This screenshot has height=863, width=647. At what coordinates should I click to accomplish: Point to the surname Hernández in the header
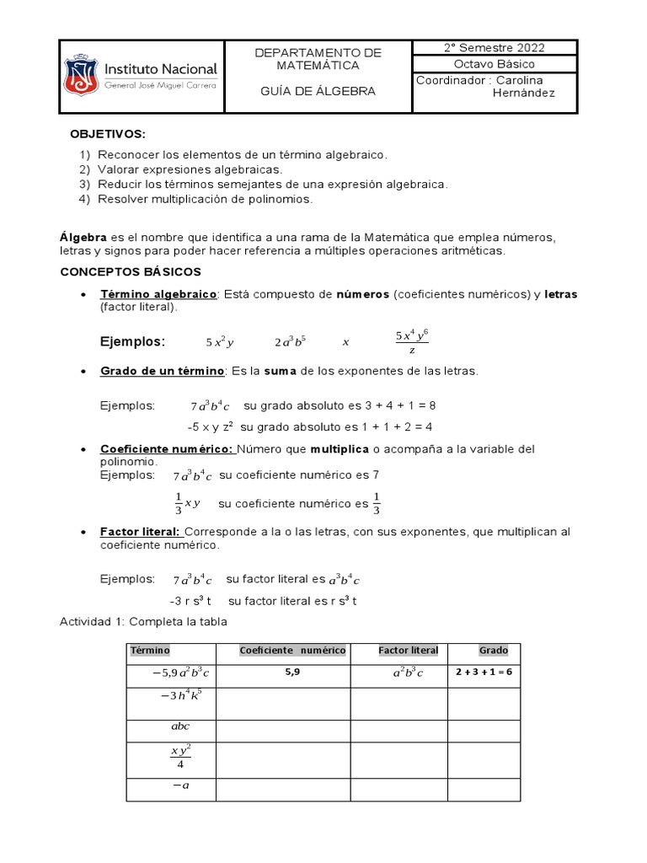click(x=523, y=93)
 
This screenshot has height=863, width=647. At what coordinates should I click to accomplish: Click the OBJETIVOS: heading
click(x=108, y=134)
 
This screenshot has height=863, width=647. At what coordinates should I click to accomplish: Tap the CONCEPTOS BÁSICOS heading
click(x=131, y=271)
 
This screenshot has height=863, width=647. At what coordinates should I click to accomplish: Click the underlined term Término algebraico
click(x=158, y=294)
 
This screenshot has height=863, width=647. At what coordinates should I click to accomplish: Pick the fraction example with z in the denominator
click(x=412, y=342)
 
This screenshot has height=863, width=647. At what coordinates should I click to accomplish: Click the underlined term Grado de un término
click(x=162, y=372)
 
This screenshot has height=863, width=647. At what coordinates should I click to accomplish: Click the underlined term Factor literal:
click(x=141, y=533)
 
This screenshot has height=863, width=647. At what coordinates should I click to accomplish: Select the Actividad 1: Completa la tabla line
click(x=143, y=622)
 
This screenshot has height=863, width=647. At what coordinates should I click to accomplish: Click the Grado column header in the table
click(x=493, y=651)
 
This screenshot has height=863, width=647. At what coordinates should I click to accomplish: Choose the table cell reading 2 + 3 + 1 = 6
click(x=484, y=673)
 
